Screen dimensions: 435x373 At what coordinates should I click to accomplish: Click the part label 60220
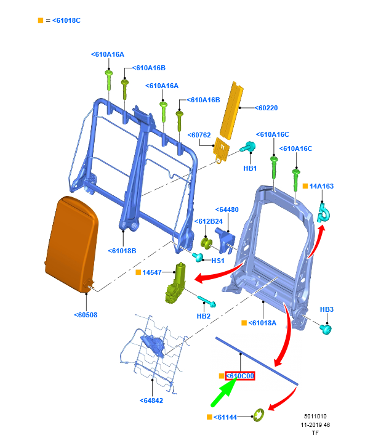click(268, 108)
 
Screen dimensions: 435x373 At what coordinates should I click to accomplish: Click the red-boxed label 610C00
click(239, 376)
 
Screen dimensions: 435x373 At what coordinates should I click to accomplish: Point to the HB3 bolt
click(325, 328)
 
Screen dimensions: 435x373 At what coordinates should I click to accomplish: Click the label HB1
click(250, 168)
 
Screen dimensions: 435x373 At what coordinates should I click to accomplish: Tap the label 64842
click(151, 400)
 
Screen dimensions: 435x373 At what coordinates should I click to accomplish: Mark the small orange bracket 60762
click(220, 149)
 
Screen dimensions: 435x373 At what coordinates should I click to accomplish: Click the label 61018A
click(263, 323)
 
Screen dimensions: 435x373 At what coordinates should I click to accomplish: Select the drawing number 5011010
click(316, 417)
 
